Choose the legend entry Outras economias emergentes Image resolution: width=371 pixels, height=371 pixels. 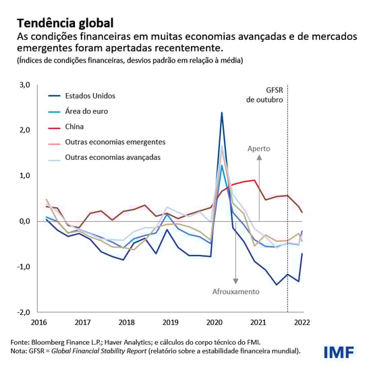[115, 142]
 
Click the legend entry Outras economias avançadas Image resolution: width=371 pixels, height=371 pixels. [113, 157]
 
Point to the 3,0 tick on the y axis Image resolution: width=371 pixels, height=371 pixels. [24, 84]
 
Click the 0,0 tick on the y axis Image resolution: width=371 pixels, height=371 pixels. [24, 221]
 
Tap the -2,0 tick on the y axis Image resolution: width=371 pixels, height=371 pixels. [22, 312]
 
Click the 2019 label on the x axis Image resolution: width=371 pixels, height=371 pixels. [171, 322]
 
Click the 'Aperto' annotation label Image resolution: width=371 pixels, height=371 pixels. [259, 149]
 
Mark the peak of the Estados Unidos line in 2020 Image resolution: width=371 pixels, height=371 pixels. [222, 113]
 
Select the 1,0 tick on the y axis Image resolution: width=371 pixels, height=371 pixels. [24, 175]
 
